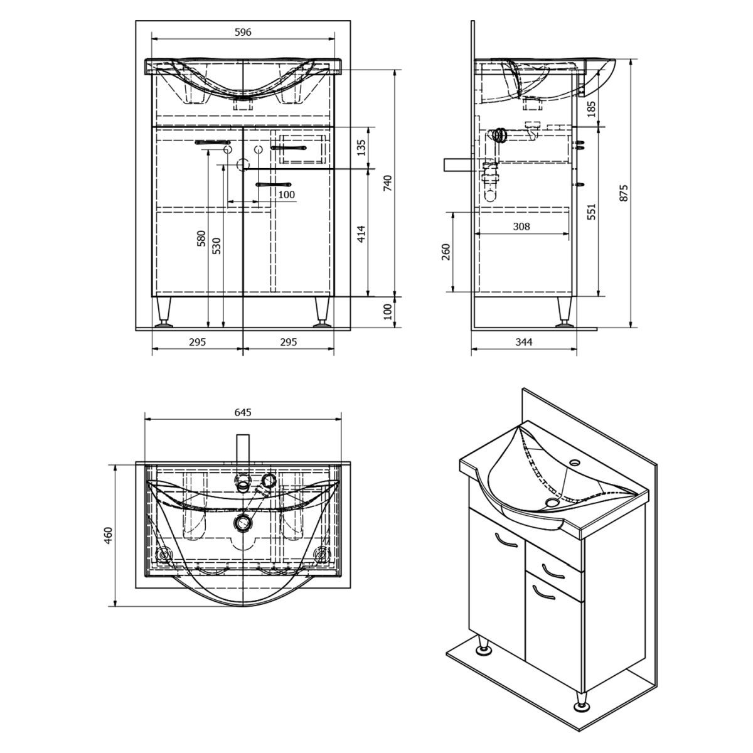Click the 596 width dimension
[243, 32]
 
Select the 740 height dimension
[387, 183]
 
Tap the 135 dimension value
[361, 147]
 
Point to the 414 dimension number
[361, 233]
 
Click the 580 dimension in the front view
[201, 238]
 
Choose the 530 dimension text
[217, 245]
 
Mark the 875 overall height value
[624, 193]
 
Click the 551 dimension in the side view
[592, 211]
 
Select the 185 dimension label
[591, 109]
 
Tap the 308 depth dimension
[521, 227]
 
